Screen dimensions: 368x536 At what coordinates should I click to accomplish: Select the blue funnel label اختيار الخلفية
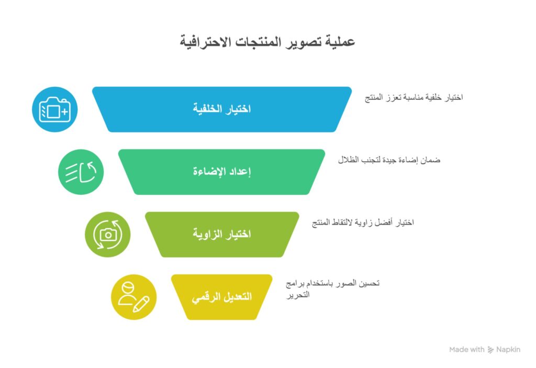click(x=221, y=109)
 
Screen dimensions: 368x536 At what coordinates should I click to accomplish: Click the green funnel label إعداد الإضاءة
click(x=221, y=172)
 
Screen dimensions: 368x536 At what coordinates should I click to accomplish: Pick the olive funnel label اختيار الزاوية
click(x=221, y=234)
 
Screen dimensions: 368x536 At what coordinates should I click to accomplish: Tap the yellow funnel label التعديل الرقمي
click(x=221, y=297)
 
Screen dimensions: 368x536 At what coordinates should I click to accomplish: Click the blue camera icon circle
click(x=54, y=110)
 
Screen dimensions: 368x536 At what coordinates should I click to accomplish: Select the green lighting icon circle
click(x=81, y=172)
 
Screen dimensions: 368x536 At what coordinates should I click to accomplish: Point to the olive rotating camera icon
click(x=108, y=235)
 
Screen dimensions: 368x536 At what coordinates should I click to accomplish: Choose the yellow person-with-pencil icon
click(x=134, y=297)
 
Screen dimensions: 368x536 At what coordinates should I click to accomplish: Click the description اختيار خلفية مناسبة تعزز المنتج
click(x=414, y=97)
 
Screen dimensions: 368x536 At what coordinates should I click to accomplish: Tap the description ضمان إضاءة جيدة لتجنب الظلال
click(x=389, y=160)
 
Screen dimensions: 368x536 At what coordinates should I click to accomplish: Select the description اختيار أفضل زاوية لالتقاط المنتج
click(x=363, y=223)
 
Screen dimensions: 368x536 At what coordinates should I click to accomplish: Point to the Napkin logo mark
click(x=491, y=350)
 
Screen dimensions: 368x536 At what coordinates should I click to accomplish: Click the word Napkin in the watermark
click(x=509, y=350)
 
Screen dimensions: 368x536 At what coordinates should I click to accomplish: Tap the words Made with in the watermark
click(x=467, y=350)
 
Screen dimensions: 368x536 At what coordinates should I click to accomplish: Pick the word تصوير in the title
click(x=304, y=42)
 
